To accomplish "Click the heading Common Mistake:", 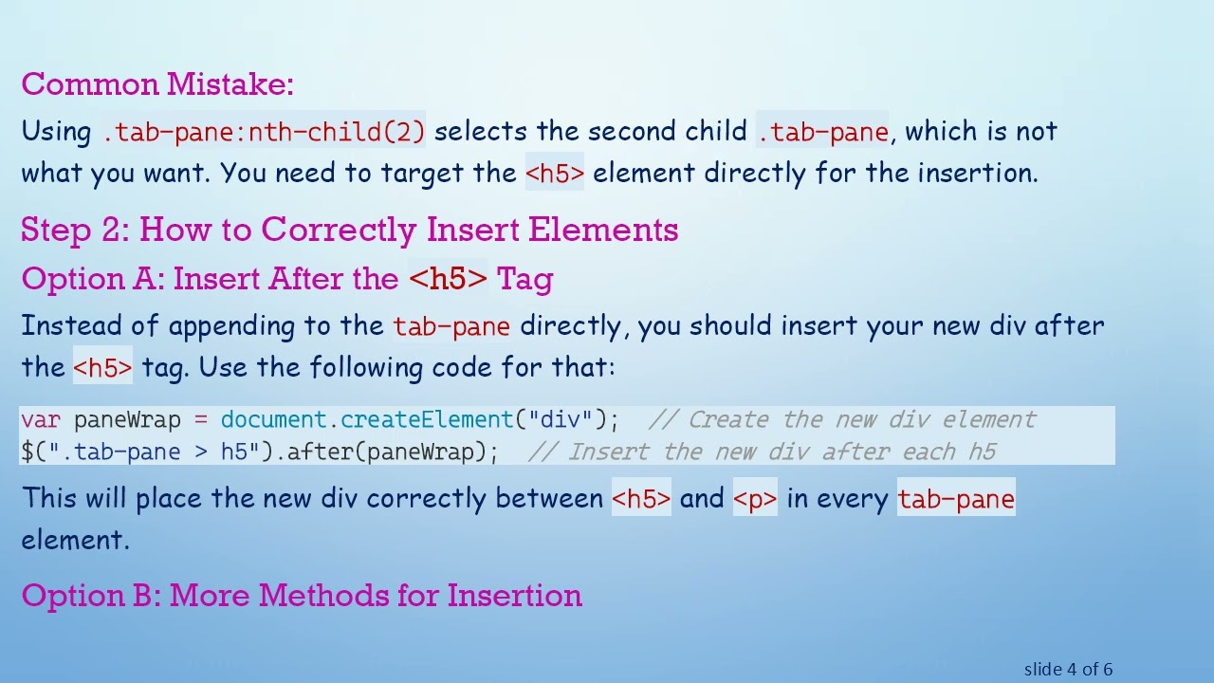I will pos(157,84).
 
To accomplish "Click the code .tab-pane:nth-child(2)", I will pos(264,132).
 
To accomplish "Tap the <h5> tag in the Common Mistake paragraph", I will pos(555,174).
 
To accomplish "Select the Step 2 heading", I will pos(349,230).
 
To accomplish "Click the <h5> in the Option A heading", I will pos(448,279).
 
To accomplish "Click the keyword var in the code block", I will pos(40,420).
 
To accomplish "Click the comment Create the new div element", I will pos(844,420).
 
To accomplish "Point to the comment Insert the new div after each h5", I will pos(763,452).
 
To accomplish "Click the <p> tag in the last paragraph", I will pos(755,499).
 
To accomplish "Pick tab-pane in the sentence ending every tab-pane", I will pos(956,499).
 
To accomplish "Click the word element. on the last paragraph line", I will pos(74,541).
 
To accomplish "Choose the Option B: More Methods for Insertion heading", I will pos(302,596).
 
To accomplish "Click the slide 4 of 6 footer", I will pos(1068,670).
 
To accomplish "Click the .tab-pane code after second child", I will pos(822,132).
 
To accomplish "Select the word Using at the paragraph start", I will pos(57,132).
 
